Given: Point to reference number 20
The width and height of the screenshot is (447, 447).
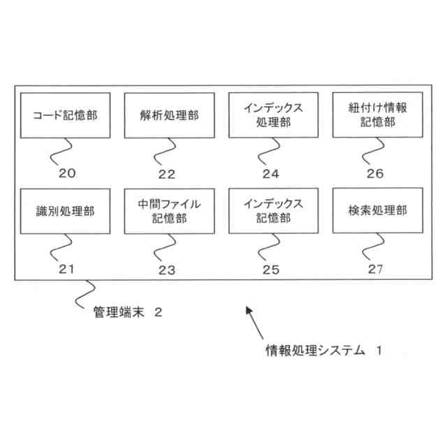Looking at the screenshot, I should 68,173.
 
